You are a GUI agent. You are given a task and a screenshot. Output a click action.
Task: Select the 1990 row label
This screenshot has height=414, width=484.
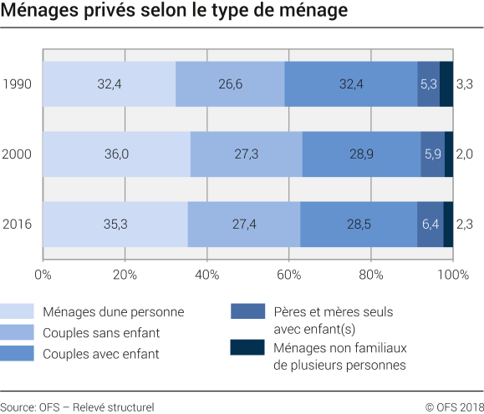(18, 83)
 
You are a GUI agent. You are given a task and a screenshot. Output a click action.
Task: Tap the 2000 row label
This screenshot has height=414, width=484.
(18, 154)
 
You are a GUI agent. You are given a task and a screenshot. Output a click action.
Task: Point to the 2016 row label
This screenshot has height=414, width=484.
(18, 224)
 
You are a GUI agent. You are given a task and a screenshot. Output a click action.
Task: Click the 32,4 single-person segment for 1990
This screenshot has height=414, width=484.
(109, 83)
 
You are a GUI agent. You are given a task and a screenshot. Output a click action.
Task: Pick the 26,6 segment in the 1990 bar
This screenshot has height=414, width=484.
(230, 83)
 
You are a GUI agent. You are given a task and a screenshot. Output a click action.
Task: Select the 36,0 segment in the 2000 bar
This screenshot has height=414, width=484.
(116, 154)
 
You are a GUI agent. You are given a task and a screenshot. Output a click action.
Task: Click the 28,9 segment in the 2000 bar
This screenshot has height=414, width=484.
(361, 154)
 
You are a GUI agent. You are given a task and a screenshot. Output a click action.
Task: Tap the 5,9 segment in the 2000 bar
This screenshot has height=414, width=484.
(432, 154)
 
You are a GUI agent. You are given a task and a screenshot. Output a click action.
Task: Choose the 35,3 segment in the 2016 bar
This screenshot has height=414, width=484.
(115, 224)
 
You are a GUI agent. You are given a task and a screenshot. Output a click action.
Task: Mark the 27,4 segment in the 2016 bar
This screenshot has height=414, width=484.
(243, 224)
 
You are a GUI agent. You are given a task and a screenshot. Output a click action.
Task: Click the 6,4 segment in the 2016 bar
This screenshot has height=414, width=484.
(430, 224)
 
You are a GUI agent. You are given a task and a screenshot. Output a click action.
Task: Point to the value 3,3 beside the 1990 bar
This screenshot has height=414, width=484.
(466, 83)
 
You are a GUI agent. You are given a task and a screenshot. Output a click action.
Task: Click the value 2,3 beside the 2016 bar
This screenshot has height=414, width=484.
(466, 224)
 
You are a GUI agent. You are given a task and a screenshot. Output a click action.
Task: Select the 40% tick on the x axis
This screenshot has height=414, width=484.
(206, 274)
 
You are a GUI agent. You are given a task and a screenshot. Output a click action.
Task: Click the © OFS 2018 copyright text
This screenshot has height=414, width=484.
(448, 406)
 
